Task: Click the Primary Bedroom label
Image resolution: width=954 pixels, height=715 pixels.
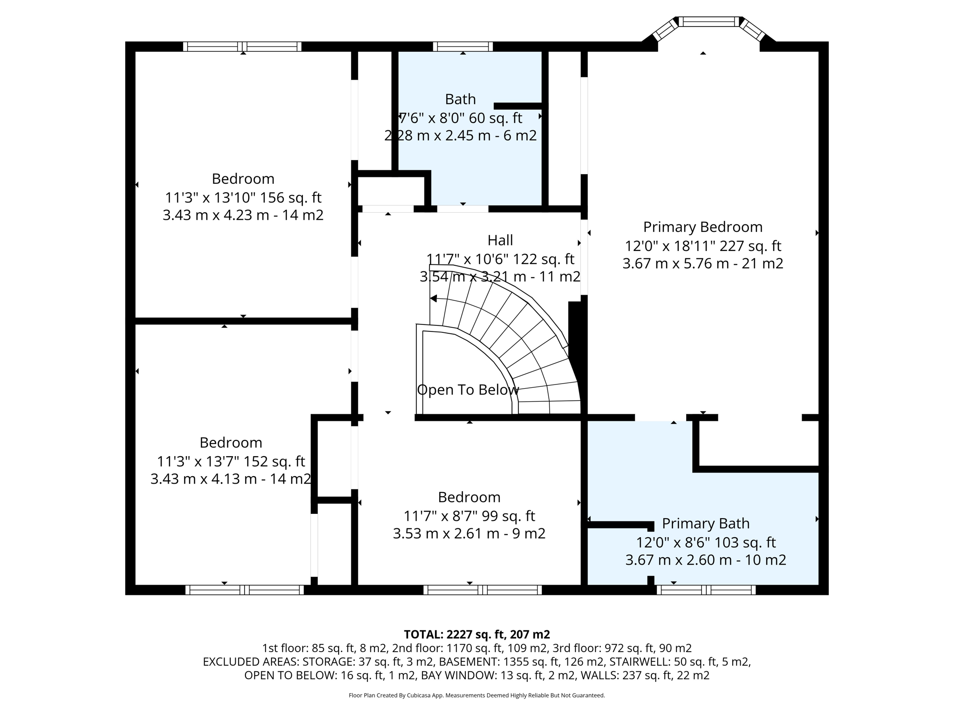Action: point(702,227)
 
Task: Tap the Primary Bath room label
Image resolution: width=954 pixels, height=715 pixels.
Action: point(705,524)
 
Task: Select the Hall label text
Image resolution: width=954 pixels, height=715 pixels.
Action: point(500,240)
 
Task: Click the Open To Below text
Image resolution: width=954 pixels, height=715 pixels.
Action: point(467,390)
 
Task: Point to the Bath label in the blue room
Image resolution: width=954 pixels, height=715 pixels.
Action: point(460,99)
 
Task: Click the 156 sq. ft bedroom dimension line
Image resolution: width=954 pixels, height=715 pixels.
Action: point(243,198)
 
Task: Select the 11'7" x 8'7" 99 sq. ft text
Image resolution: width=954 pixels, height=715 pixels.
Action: point(469,516)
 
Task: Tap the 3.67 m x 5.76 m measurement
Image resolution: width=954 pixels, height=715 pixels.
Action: point(702,264)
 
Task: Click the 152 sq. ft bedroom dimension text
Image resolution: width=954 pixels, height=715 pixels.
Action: point(231,462)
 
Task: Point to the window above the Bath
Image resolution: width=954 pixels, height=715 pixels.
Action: point(463,46)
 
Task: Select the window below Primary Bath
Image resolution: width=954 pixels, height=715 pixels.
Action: point(706,590)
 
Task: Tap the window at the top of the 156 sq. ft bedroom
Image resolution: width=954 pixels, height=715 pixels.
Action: point(242,46)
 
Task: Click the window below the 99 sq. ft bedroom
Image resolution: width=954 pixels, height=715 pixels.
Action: point(482,590)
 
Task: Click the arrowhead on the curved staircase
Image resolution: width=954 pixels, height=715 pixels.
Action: point(433,299)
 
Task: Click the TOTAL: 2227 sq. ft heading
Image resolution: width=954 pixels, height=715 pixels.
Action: point(477,634)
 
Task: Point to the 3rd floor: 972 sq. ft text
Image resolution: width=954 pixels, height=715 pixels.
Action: point(647,648)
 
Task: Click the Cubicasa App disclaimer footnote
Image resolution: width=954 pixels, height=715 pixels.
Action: point(477,695)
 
